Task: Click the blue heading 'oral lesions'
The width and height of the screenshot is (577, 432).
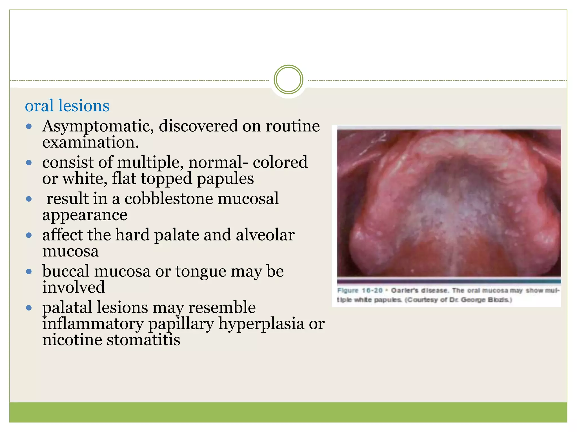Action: (67, 106)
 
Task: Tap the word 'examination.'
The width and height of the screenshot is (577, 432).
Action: (90, 142)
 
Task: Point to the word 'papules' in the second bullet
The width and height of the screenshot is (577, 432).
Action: (225, 179)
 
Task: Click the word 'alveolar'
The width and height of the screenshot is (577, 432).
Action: (265, 235)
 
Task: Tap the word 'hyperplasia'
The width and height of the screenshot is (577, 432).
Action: (261, 324)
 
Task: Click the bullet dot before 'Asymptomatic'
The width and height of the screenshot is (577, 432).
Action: (29, 127)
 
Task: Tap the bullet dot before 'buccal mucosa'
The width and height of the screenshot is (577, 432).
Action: (29, 272)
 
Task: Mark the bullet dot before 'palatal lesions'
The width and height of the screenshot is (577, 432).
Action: (29, 308)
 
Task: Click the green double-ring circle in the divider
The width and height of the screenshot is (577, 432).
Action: (288, 80)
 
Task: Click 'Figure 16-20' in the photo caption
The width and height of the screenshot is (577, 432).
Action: (360, 291)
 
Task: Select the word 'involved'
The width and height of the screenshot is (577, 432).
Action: (74, 287)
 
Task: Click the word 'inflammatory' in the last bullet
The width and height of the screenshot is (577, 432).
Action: (93, 324)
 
